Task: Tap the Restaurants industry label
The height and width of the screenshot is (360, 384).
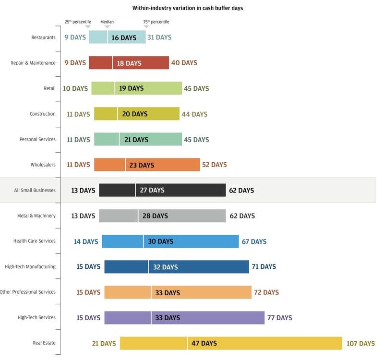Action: tap(43, 37)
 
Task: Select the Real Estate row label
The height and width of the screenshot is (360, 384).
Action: tap(44, 343)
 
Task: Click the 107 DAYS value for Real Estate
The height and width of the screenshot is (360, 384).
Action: tap(360, 343)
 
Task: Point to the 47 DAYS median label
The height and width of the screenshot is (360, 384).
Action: tap(204, 343)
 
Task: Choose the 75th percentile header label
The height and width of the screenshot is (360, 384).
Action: tap(156, 22)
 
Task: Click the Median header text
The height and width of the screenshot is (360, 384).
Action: tap(107, 22)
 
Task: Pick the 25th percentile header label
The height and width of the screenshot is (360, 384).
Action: tap(78, 22)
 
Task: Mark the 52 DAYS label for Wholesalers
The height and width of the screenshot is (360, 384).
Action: tap(214, 165)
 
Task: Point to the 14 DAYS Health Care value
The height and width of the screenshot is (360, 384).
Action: tap(86, 241)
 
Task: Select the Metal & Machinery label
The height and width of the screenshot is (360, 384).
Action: tap(36, 216)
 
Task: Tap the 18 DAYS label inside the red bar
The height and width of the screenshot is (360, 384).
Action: tap(129, 63)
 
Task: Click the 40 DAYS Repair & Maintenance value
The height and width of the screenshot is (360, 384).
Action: tap(184, 63)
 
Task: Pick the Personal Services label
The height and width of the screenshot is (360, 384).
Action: tap(37, 139)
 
